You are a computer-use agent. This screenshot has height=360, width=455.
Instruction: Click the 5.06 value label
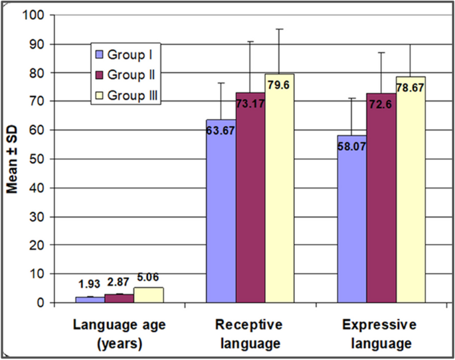pyautogui.click(x=147, y=277)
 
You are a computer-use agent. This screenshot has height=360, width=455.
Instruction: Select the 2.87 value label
pyautogui.click(x=118, y=282)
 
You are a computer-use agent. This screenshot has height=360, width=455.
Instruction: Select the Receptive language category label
pyautogui.click(x=248, y=334)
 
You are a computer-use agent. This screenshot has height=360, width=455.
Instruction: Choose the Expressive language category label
pyautogui.click(x=380, y=334)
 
